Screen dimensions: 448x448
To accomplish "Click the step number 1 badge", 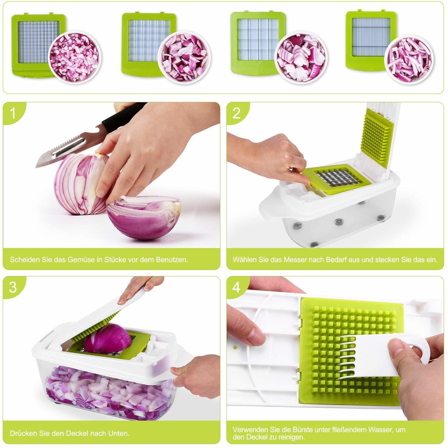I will [x=12, y=113].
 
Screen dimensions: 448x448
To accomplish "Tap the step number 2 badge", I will [x=236, y=113].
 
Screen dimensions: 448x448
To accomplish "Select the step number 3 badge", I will [x=12, y=287].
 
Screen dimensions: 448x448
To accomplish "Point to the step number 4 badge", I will [x=236, y=287].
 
